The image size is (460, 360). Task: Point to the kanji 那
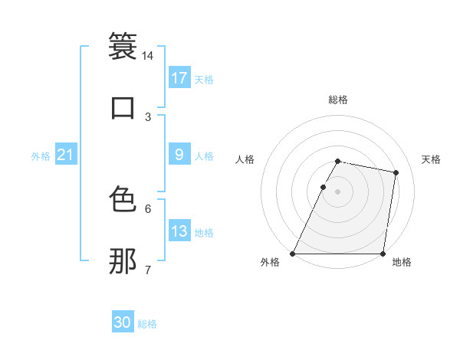123,260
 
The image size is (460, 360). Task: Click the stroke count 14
148,56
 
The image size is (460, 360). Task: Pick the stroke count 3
148,116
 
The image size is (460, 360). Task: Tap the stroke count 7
148,270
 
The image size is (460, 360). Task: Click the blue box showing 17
179,78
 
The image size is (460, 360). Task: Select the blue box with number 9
179,155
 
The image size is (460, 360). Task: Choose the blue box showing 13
179,231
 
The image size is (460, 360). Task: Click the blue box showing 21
66,155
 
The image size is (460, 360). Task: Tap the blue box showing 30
123,322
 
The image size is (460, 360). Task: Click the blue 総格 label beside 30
148,324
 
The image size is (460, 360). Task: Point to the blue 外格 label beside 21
41,156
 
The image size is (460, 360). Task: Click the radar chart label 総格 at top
338,100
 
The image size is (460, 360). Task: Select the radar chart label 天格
432,159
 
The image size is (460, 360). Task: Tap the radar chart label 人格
245,159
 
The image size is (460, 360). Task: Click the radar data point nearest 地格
383,254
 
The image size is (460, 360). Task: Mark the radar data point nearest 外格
293,254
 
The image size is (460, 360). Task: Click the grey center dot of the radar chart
338,191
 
